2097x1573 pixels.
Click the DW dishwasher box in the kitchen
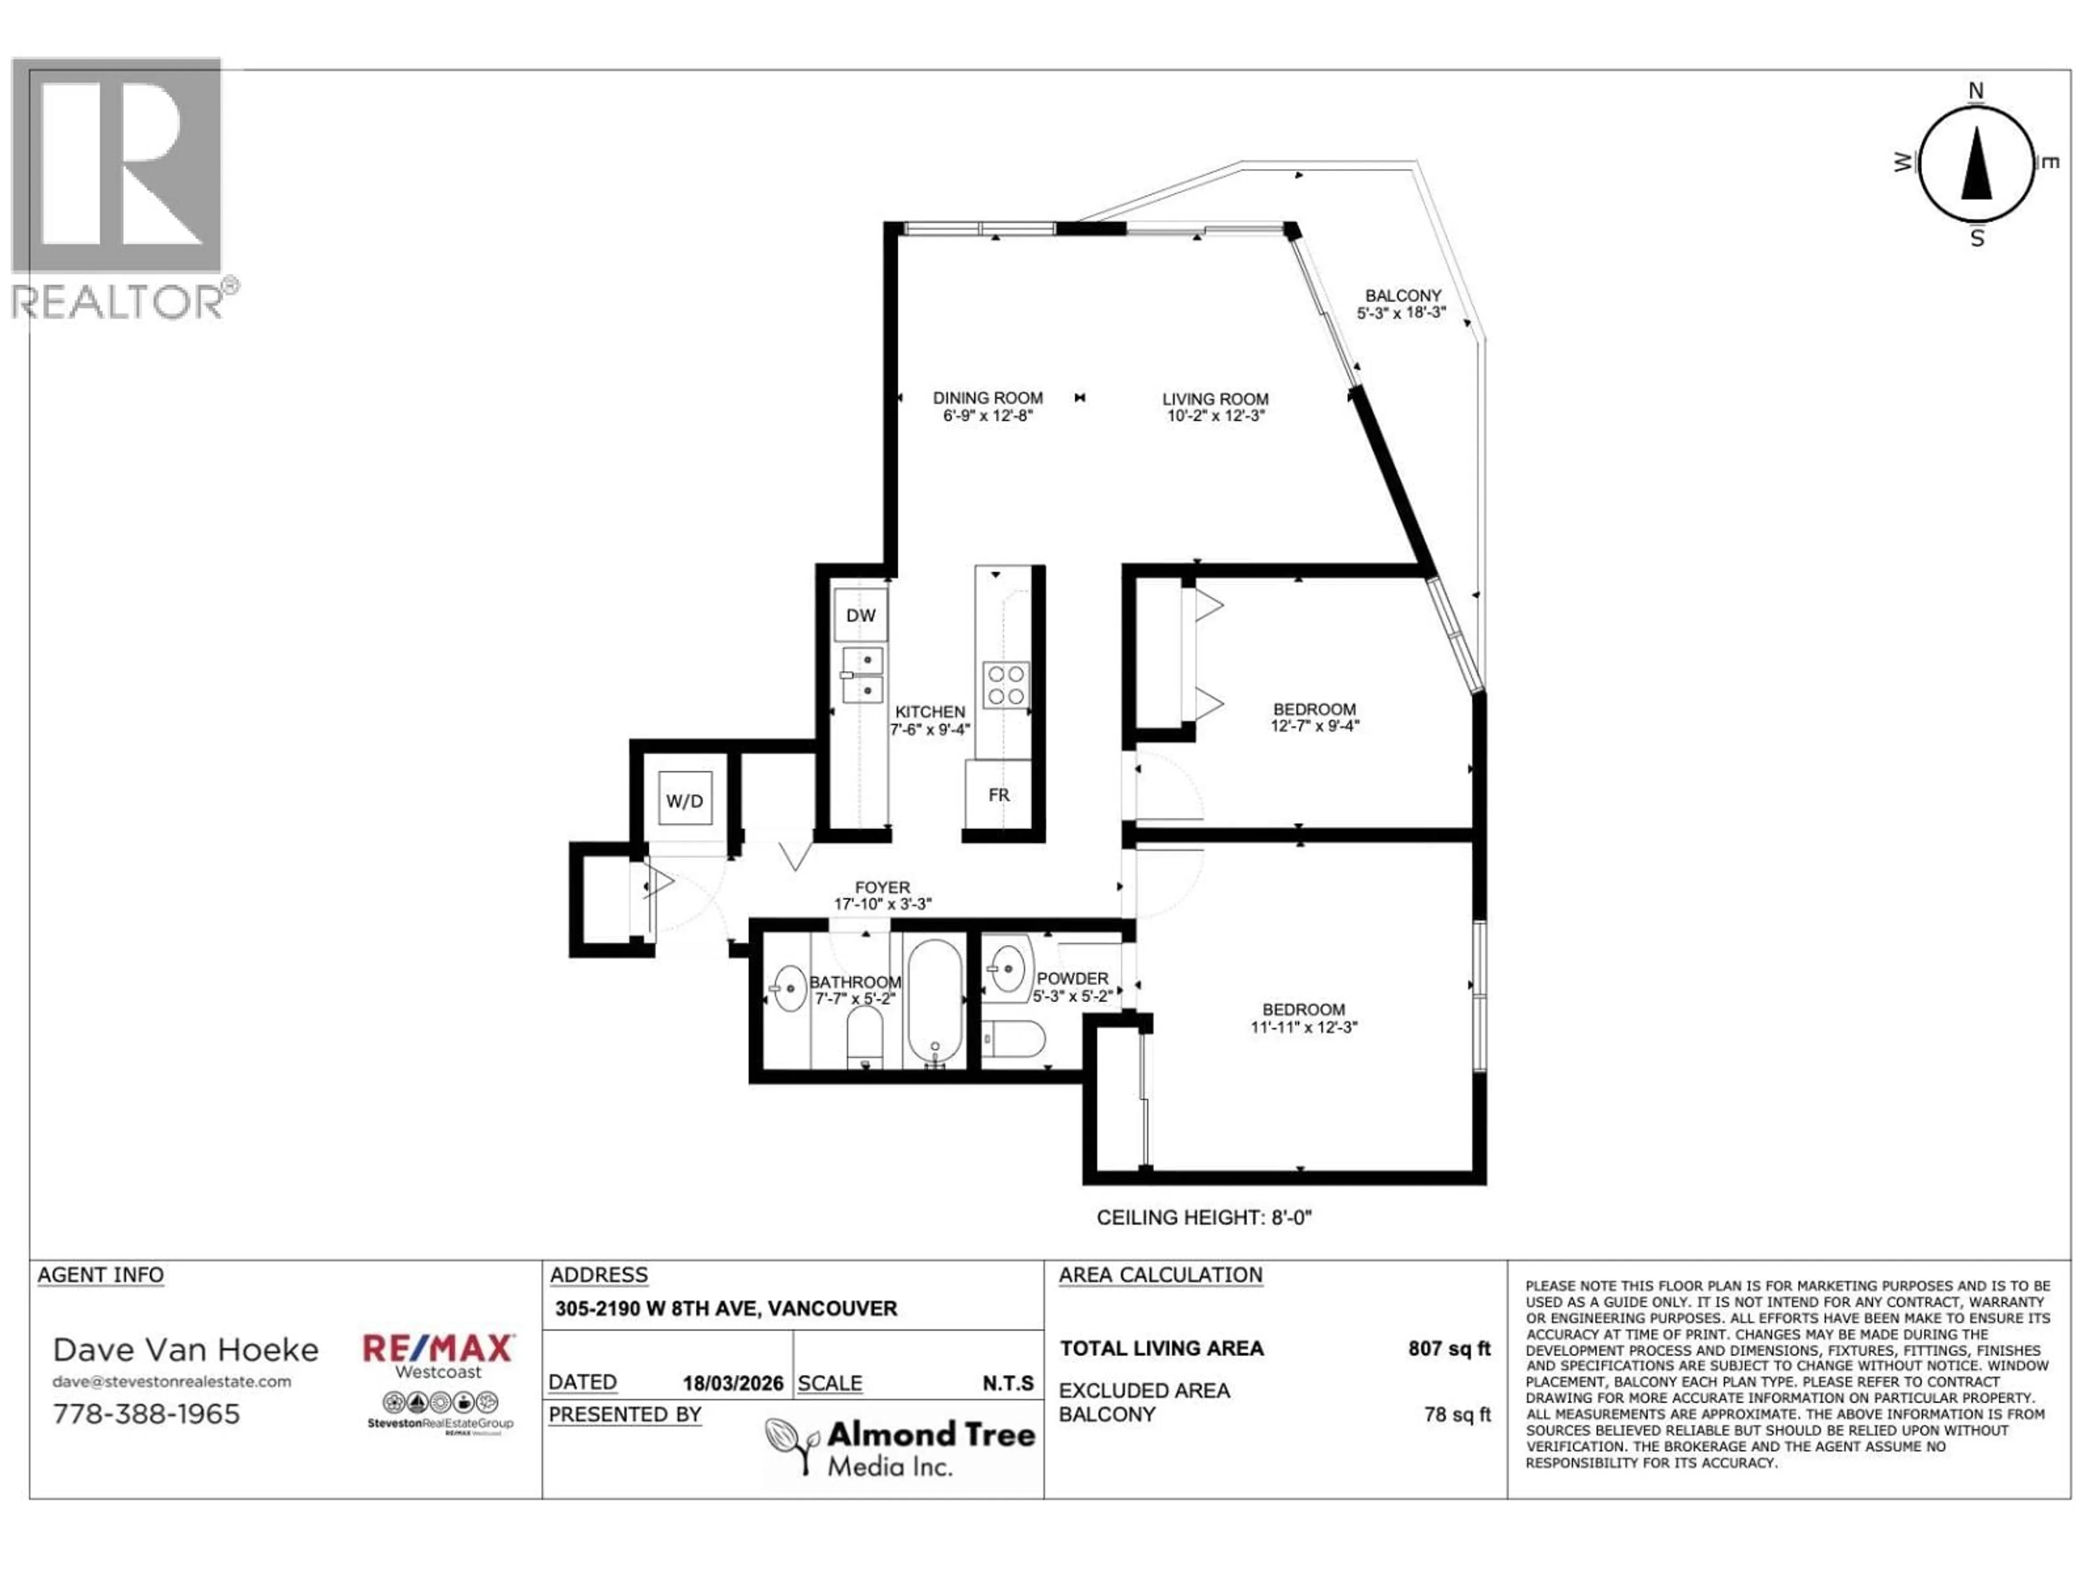861,616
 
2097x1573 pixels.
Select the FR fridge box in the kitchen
998,795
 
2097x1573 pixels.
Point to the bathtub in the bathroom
935,1000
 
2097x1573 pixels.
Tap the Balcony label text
1402,296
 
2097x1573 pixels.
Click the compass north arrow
1977,166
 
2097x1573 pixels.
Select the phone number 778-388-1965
147,1414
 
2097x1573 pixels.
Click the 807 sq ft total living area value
1449,1349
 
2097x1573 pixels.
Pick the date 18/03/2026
733,1383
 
